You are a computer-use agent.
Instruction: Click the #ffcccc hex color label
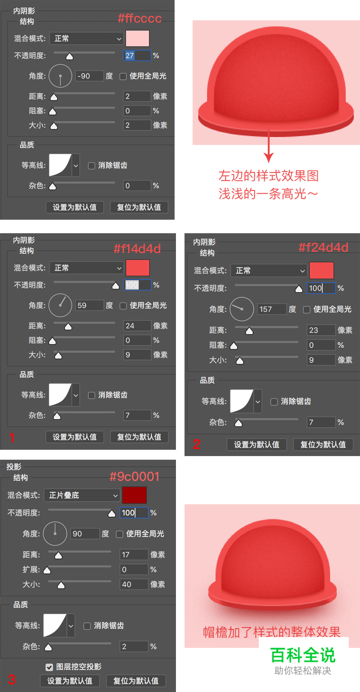tap(139, 18)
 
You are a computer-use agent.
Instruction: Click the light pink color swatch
tap(137, 39)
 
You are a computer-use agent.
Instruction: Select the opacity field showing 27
tap(137, 55)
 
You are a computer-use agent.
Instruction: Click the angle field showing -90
tap(89, 76)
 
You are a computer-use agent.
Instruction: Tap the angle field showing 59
tap(89, 305)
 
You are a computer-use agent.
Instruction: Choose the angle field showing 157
tap(272, 309)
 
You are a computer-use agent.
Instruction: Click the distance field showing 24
tap(137, 326)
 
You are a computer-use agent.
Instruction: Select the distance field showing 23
tap(321, 330)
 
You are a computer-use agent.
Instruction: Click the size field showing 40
tap(134, 584)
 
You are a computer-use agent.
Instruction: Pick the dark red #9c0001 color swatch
tap(134, 495)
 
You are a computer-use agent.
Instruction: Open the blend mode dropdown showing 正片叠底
tap(82, 495)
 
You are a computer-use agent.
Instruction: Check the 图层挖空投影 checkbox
tap(49, 667)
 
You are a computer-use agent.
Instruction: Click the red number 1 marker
tap(12, 437)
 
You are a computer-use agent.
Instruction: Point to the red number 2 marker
tap(196, 444)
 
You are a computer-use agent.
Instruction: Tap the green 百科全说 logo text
tap(303, 655)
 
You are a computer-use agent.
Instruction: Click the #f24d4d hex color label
tap(323, 247)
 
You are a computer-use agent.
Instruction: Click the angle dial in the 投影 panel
tap(55, 534)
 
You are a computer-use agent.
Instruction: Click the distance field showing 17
tap(134, 555)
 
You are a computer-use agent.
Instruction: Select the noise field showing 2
tap(134, 647)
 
